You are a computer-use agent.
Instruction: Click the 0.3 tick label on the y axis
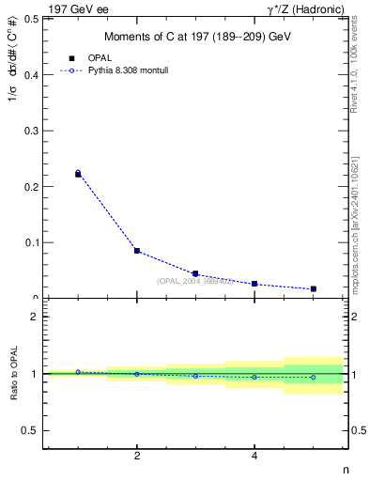pyautogui.click(x=31, y=131)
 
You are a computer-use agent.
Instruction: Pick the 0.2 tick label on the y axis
pyautogui.click(x=31, y=187)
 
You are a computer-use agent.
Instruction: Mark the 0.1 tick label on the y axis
pyautogui.click(x=31, y=242)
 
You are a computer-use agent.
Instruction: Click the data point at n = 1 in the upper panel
pyautogui.click(x=78, y=174)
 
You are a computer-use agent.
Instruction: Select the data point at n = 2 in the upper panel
pyautogui.click(x=137, y=251)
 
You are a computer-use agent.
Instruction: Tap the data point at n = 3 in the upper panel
pyautogui.click(x=195, y=273)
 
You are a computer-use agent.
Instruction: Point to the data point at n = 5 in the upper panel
pyautogui.click(x=313, y=288)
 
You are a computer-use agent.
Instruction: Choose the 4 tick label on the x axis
pyautogui.click(x=254, y=457)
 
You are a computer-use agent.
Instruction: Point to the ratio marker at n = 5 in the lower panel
pyautogui.click(x=313, y=377)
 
